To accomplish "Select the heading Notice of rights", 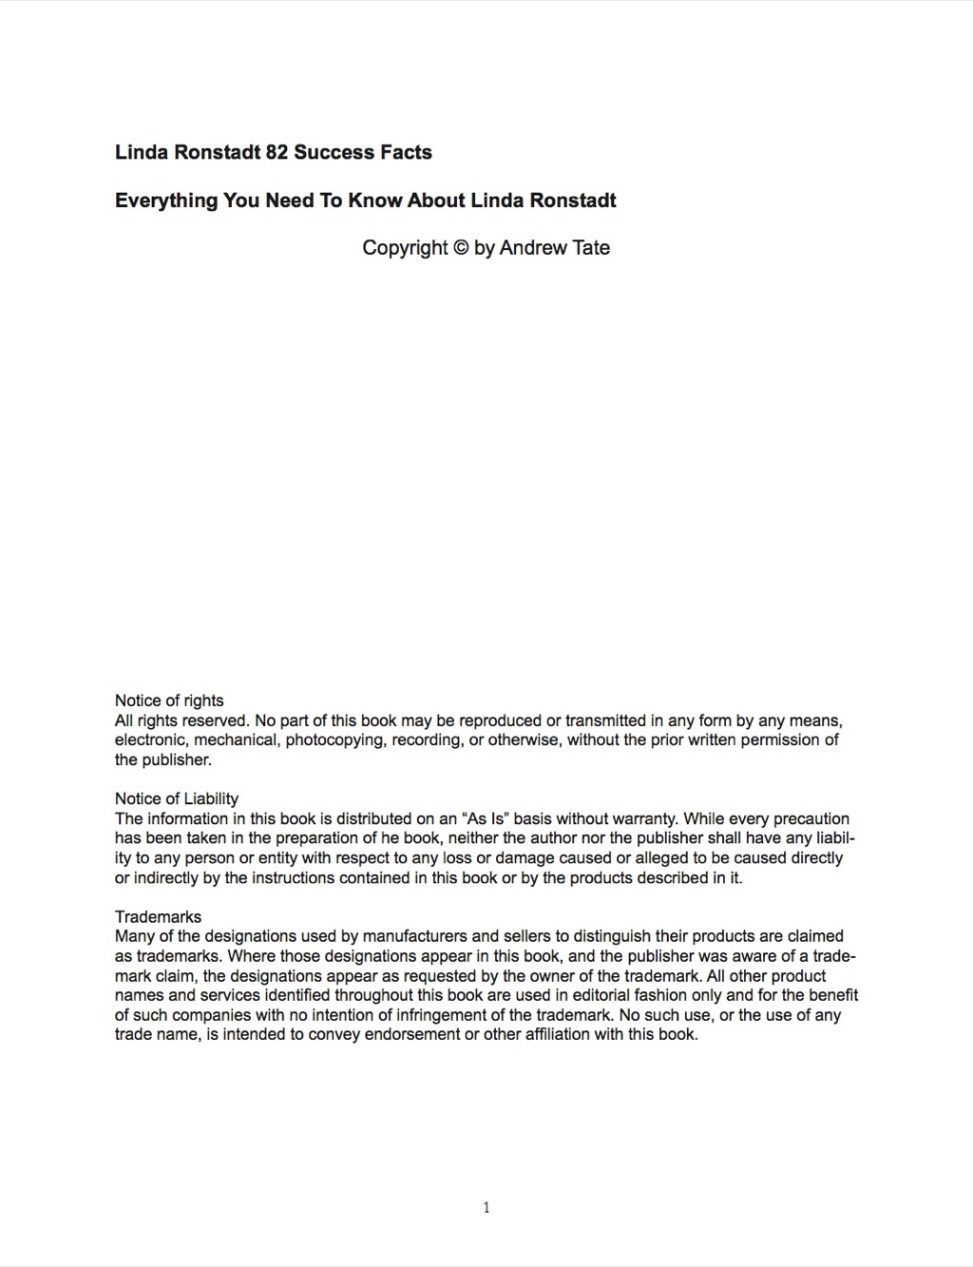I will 169,701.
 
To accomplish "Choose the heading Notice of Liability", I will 177,798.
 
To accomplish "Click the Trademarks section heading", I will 158,916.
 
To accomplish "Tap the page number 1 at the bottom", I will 486,1208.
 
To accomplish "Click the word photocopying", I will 336,740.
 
